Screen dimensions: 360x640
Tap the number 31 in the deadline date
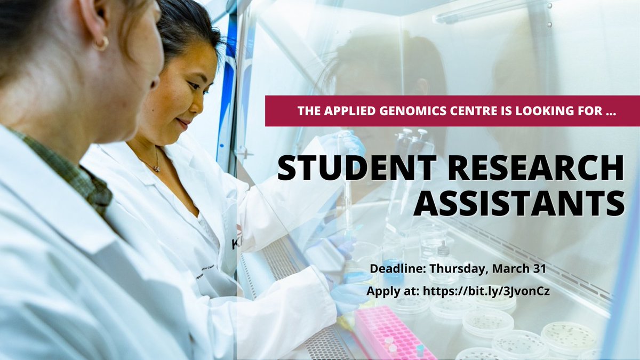click(539, 269)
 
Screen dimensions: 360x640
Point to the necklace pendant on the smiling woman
click(156, 168)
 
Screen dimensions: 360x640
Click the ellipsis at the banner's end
click(605, 112)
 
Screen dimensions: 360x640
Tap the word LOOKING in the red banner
click(535, 111)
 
